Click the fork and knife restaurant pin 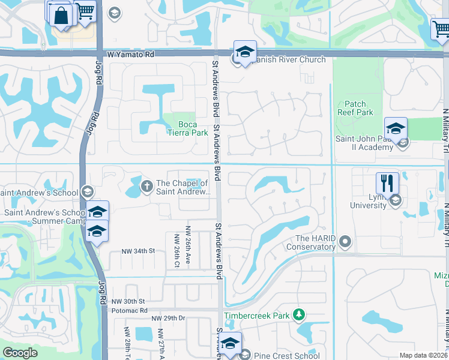pos(388,182)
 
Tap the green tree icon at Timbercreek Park pos(298,315)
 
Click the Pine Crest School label pos(287,356)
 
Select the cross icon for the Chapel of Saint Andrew pos(146,187)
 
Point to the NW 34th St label pos(138,251)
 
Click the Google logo pos(20,353)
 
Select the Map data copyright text pos(423,355)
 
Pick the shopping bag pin pos(62,15)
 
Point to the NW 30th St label pos(128,301)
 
